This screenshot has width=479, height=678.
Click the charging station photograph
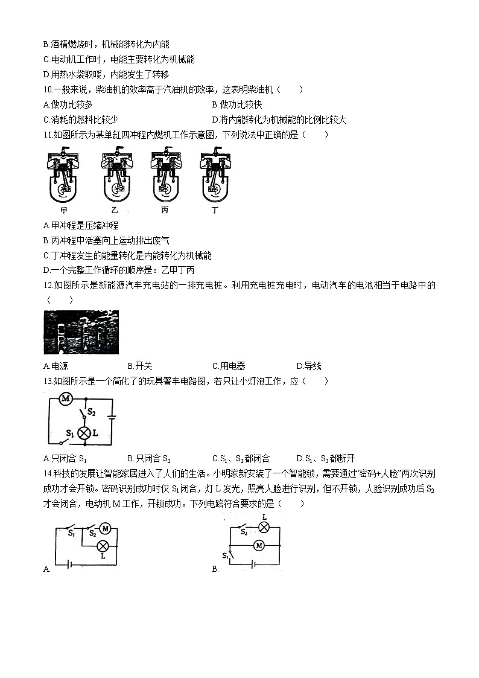pos(81,332)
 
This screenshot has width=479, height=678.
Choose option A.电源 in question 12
pos(56,366)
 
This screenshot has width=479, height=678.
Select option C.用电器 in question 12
pos(229,366)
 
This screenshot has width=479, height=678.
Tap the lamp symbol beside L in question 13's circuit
pos(85,433)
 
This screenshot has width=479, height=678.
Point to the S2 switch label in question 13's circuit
pos(92,412)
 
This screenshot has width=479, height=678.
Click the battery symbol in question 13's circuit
pos(112,416)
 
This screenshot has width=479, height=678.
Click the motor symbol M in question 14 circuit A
pos(105,529)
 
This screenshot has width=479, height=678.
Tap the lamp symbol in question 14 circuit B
pos(263,526)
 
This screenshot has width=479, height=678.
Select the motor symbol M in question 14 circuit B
pos(259,545)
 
